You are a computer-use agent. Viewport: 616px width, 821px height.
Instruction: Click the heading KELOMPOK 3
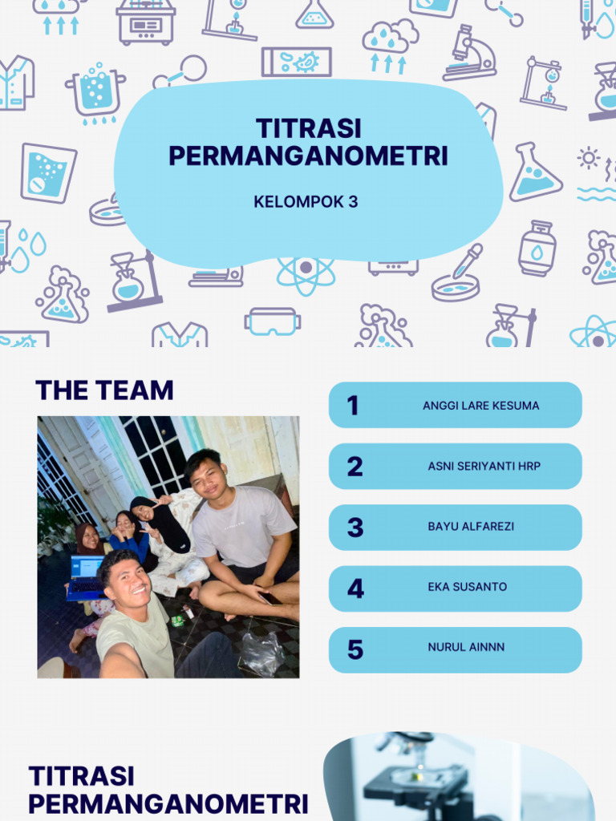(306, 202)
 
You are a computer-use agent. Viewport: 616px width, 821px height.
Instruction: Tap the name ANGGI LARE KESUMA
(480, 406)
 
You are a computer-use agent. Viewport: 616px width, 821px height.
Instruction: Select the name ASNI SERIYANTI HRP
(484, 466)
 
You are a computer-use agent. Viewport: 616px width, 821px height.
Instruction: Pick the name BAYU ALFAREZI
(471, 527)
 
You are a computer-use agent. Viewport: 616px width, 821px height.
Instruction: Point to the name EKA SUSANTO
(467, 587)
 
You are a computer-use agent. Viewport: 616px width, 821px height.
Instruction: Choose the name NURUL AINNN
(466, 647)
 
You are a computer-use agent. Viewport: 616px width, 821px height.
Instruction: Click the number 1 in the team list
(353, 406)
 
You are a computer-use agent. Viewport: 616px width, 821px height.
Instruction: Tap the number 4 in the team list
(355, 588)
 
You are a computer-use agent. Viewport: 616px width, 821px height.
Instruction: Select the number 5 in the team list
(355, 648)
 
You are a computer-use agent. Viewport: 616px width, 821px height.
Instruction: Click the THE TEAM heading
(104, 390)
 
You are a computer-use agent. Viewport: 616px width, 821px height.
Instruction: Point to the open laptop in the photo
(85, 578)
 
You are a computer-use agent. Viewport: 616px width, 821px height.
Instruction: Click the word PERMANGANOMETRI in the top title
(308, 156)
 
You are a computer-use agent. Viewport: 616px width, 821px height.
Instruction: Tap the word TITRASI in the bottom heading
(82, 776)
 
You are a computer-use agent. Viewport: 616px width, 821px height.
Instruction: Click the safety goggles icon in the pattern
(272, 322)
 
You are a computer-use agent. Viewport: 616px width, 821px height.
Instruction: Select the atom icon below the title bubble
(306, 271)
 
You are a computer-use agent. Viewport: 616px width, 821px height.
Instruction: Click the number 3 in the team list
(355, 528)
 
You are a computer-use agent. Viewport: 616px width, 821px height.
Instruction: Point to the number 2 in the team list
(355, 467)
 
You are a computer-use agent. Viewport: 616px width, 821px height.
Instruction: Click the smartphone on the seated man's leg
(269, 597)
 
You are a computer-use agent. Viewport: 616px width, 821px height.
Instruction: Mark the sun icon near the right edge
(588, 158)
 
